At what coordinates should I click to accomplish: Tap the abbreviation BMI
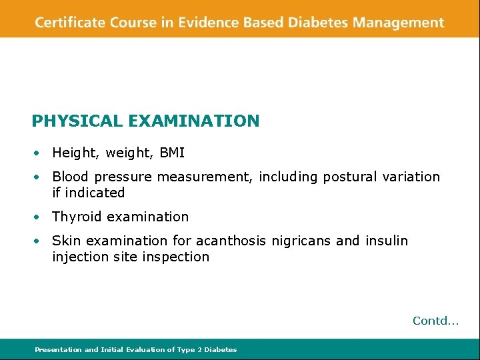[172, 153]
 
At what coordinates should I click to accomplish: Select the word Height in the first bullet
[73, 153]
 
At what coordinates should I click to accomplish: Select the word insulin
[387, 241]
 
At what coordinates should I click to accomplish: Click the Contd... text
[435, 321]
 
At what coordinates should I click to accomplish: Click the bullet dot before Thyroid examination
[40, 217]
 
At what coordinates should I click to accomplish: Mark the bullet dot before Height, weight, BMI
[40, 153]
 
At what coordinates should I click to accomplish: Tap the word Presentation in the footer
[58, 349]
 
